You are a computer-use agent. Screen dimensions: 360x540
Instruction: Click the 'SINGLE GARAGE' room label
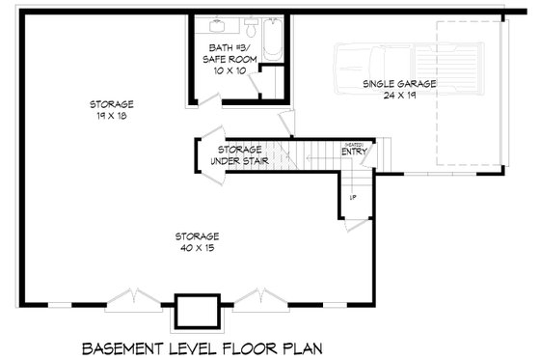(x=399, y=84)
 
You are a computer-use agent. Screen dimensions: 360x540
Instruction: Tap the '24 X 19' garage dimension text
(x=399, y=96)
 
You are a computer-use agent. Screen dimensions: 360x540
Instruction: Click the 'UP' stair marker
(x=353, y=197)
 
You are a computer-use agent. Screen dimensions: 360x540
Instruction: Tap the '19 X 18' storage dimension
(x=111, y=116)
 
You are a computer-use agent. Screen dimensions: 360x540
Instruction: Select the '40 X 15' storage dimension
(x=197, y=248)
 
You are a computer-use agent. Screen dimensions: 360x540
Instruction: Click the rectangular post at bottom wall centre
(x=197, y=310)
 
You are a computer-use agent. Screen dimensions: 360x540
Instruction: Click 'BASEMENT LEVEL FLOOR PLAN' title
(x=202, y=346)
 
